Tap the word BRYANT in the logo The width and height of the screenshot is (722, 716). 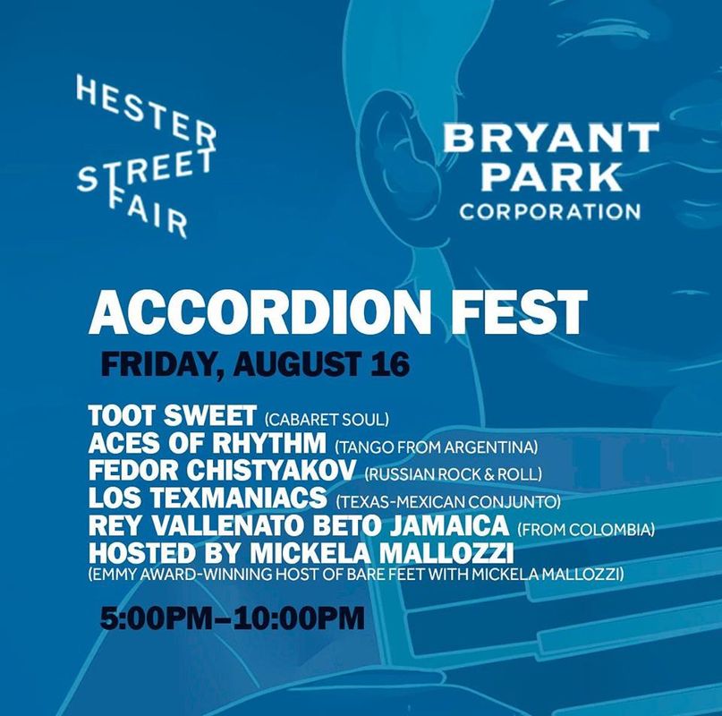pyautogui.click(x=551, y=137)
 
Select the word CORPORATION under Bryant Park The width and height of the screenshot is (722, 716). pyautogui.click(x=550, y=211)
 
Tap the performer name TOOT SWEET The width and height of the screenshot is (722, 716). pyautogui.click(x=172, y=415)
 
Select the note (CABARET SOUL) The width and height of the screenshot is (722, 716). pyautogui.click(x=327, y=419)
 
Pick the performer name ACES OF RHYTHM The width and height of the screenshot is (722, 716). pyautogui.click(x=208, y=443)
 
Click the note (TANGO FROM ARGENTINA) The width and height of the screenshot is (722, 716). pyautogui.click(x=436, y=447)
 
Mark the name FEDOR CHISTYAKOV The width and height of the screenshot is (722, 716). pyautogui.click(x=222, y=471)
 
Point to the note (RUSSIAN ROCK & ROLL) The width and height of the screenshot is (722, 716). pyautogui.click(x=453, y=474)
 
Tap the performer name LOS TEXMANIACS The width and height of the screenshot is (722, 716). pyautogui.click(x=208, y=498)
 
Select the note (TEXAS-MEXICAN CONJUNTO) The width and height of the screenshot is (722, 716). pyautogui.click(x=448, y=502)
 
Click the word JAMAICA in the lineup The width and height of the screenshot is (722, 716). pyautogui.click(x=449, y=525)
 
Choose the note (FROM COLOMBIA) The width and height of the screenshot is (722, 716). pyautogui.click(x=586, y=530)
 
